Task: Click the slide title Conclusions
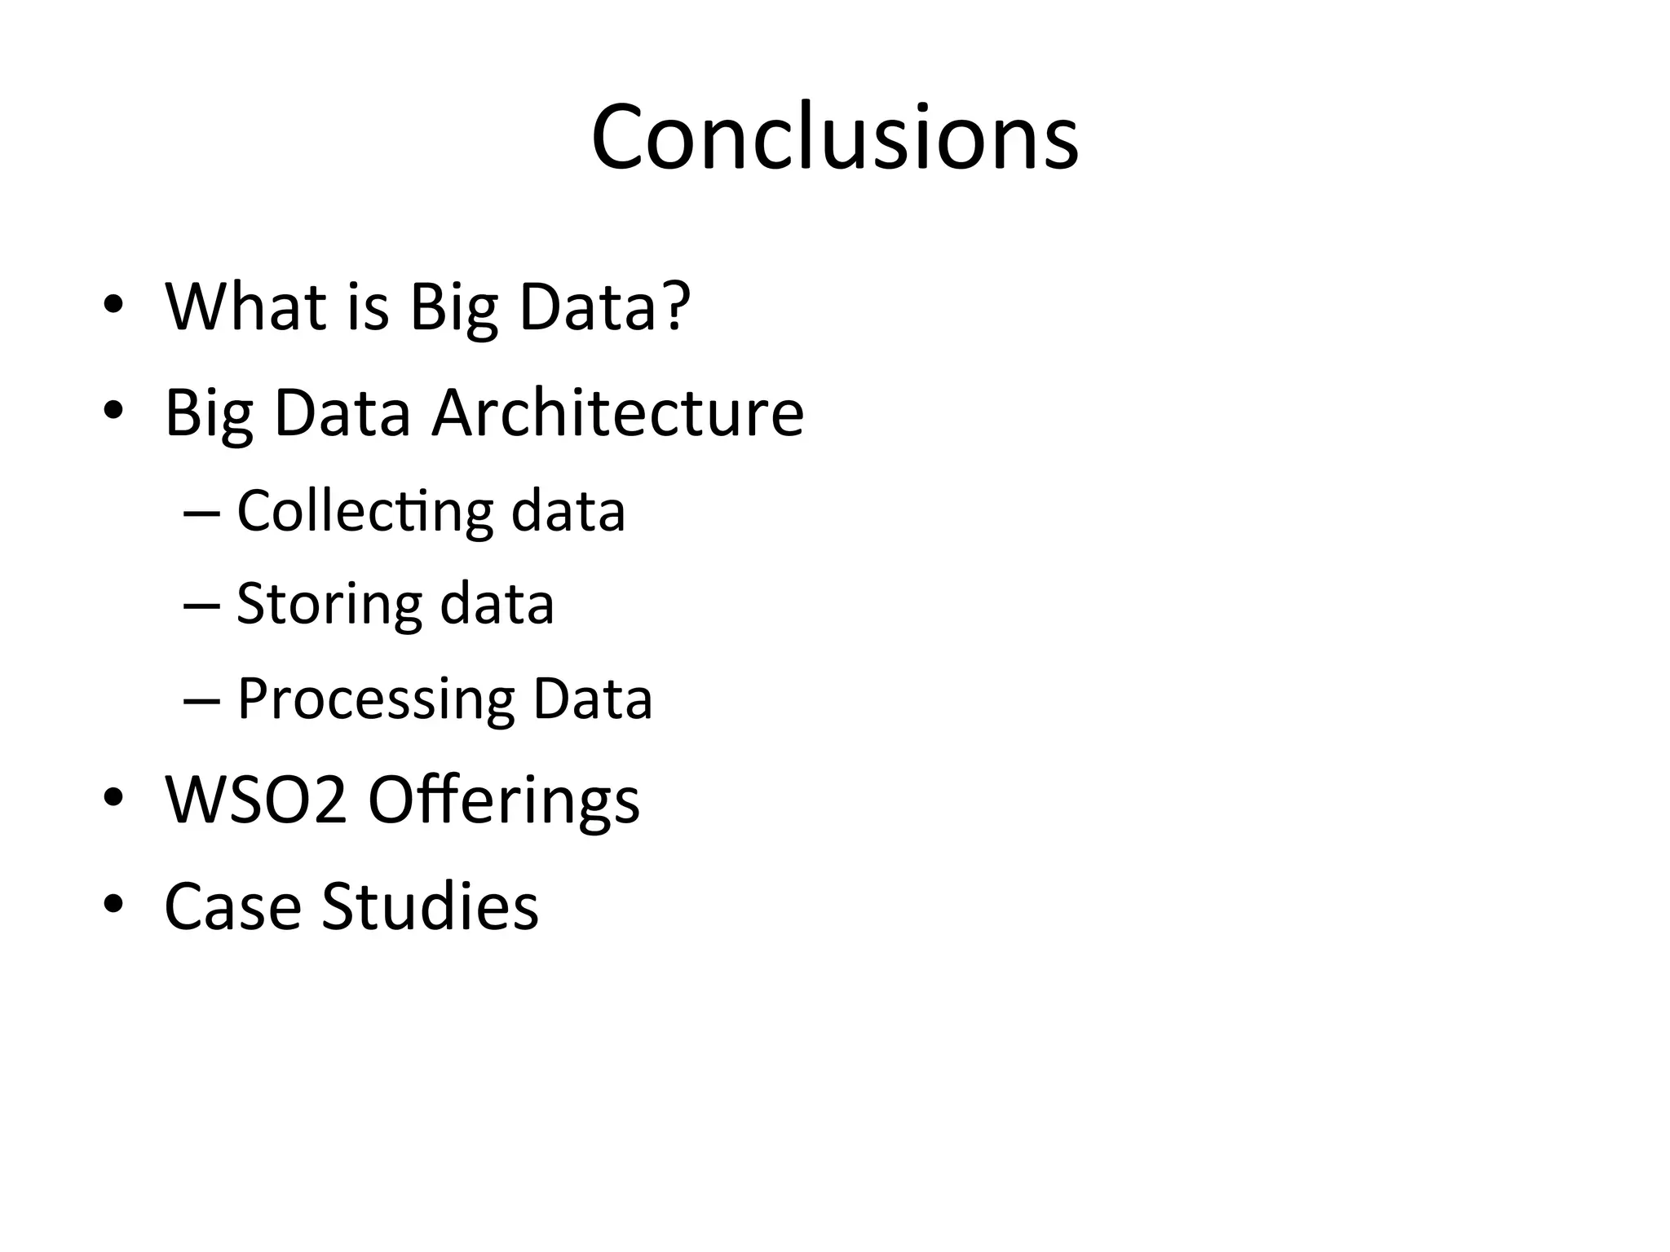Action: (x=835, y=137)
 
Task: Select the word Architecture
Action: (x=617, y=412)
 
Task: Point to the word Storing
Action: (x=329, y=605)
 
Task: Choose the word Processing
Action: (x=375, y=699)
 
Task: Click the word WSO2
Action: (x=256, y=800)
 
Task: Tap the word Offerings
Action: (x=504, y=801)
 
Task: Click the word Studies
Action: (x=430, y=906)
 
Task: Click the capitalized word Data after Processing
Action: (x=593, y=699)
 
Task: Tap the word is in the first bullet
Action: (x=368, y=307)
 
